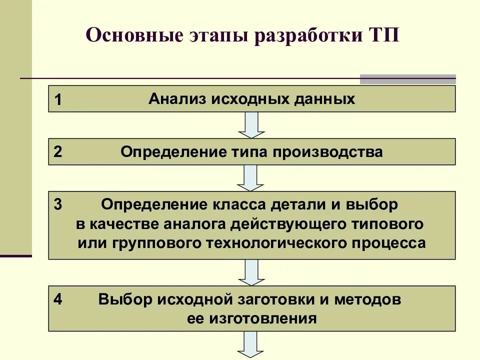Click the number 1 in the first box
(x=58, y=100)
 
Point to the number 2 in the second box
(x=58, y=152)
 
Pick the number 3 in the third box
(x=58, y=204)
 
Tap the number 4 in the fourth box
(x=58, y=299)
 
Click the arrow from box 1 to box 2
(x=251, y=125)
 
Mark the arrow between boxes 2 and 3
(x=251, y=177)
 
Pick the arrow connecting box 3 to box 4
(x=251, y=272)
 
